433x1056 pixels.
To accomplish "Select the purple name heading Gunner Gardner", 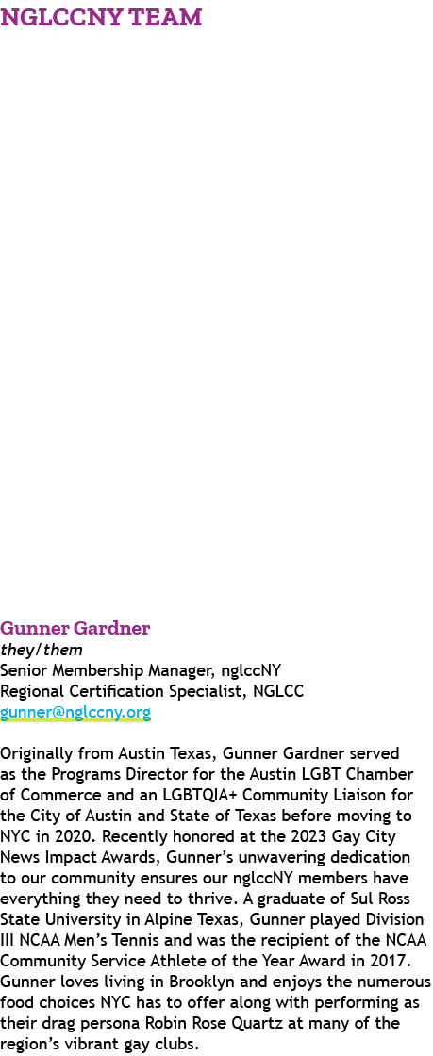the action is pyautogui.click(x=75, y=629).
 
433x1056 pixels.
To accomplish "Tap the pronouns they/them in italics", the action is pyautogui.click(x=42, y=651).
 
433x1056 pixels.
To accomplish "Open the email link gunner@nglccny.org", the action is pyautogui.click(x=75, y=712).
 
